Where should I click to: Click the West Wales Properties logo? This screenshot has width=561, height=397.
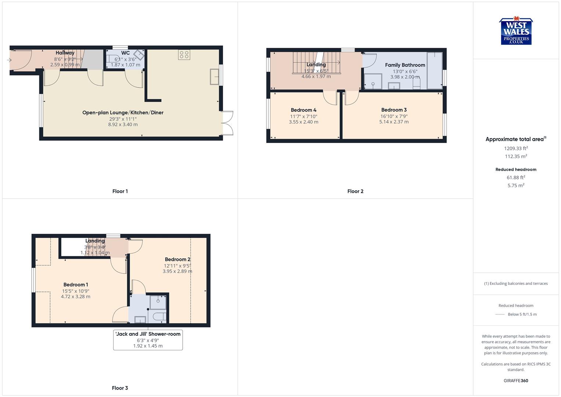pos(516,31)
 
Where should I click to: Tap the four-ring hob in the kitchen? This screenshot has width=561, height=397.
pos(184,55)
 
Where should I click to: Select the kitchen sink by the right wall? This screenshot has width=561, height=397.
pos(214,77)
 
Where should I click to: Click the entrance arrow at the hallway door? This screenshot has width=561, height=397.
pos(9,60)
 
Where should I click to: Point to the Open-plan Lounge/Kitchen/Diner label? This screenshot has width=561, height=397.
pos(123,112)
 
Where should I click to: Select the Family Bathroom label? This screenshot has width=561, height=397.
pos(405,65)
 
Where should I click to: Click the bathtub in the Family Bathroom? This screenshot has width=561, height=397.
pos(435,71)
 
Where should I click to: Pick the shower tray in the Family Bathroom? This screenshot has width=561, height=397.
pos(373,82)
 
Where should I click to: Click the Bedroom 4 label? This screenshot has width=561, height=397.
pos(303,110)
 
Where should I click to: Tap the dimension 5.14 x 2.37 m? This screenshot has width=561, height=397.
pos(394,122)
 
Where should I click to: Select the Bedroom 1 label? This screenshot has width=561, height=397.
pos(76,285)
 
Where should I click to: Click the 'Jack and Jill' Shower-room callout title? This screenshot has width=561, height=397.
pos(148,334)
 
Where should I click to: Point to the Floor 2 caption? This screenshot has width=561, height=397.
pos(355,191)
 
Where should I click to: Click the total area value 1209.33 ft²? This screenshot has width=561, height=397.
pos(516,149)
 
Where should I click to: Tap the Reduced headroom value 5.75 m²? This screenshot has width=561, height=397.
pos(516,186)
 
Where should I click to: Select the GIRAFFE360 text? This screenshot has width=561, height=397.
pos(516,380)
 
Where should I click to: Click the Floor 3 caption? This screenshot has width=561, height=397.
pos(120,388)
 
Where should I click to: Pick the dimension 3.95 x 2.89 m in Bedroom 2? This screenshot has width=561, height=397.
pos(177,271)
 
